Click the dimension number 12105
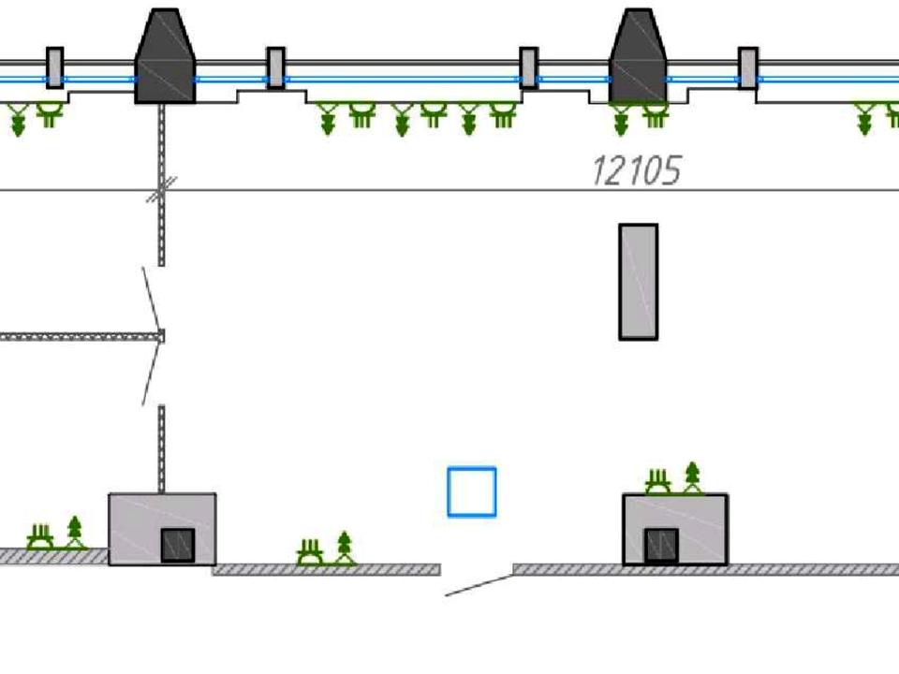(636, 171)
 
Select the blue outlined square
(472, 492)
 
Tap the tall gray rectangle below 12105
(638, 282)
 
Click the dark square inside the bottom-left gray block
(177, 545)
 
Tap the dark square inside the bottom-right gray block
(660, 546)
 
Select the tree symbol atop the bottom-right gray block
(692, 476)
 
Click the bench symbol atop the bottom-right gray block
(658, 482)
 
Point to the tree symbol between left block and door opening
(345, 548)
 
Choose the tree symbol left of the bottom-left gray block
(75, 531)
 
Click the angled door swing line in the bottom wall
(479, 585)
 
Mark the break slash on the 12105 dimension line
(161, 190)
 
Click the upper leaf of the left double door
(151, 299)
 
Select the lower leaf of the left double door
(152, 374)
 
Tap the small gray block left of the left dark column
(55, 67)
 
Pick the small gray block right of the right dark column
(747, 67)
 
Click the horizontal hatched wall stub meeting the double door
(81, 336)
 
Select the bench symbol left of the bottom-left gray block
(39, 536)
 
